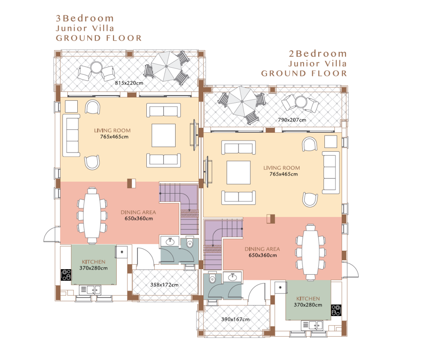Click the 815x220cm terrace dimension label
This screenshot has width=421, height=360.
tap(129, 83)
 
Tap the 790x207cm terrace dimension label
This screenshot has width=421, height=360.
tap(292, 120)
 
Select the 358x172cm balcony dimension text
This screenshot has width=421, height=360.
tap(164, 285)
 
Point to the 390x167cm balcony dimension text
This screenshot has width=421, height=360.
tap(235, 319)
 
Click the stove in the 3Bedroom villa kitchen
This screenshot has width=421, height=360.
tap(66, 275)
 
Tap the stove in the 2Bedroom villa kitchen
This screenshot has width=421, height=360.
tap(336, 310)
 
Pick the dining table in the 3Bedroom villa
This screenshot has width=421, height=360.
tap(92, 216)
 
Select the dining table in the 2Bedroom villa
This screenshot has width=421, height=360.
tap(311, 253)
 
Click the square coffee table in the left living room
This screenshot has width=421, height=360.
tap(164, 135)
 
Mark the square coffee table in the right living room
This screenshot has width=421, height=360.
tap(238, 172)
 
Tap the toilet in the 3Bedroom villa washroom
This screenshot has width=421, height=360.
tap(190, 243)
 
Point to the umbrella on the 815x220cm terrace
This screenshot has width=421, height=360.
tap(167, 66)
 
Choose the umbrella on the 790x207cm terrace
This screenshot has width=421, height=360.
tap(242, 102)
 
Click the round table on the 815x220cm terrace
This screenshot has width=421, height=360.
tap(96, 67)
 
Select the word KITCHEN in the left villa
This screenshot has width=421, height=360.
tap(93, 262)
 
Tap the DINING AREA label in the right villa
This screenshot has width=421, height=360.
tap(262, 249)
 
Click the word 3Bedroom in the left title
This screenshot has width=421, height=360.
tap(85, 18)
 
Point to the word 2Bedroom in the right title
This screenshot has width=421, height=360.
tap(318, 54)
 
